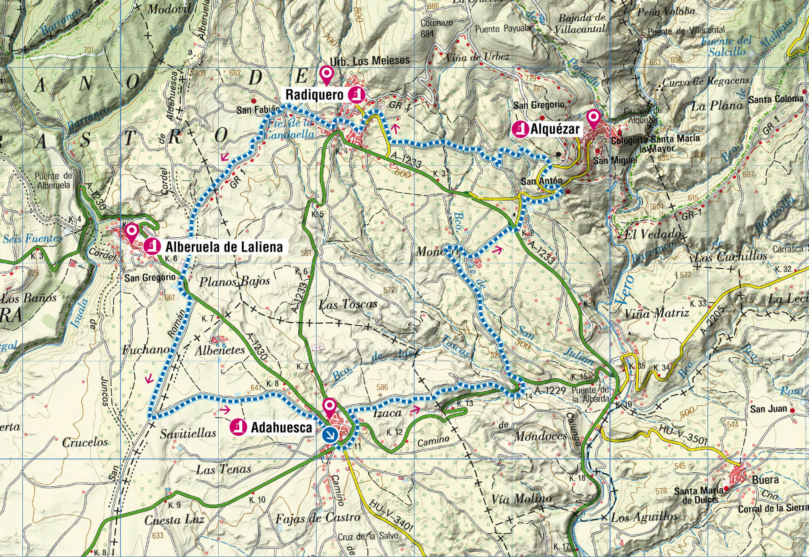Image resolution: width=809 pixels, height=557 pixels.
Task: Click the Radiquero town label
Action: pos(314,95)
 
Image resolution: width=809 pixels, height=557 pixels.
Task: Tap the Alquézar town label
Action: pos(555,129)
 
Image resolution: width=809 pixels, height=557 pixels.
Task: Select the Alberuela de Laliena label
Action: pos(224,246)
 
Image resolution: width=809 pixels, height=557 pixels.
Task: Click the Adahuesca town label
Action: pos(281,428)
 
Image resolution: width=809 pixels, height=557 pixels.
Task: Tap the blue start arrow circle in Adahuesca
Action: pos(329,434)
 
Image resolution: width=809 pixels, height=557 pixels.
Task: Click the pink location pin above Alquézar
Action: pos(593,118)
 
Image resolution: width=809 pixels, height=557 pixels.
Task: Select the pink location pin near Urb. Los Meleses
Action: pos(326,75)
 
